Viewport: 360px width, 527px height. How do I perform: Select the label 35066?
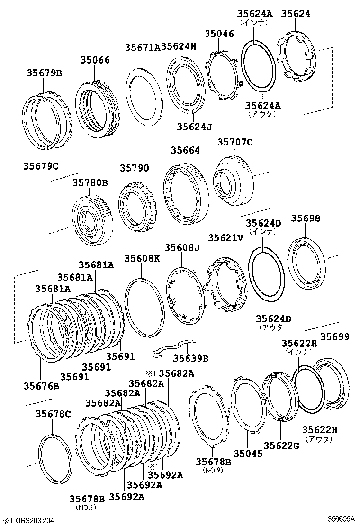(95, 60)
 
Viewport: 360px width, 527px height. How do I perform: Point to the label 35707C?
(235, 142)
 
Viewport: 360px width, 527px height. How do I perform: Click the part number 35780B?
(90, 182)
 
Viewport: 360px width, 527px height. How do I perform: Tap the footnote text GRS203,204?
(34, 521)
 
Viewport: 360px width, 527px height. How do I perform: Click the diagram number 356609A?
(340, 519)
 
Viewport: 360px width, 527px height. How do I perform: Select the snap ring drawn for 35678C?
(54, 458)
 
